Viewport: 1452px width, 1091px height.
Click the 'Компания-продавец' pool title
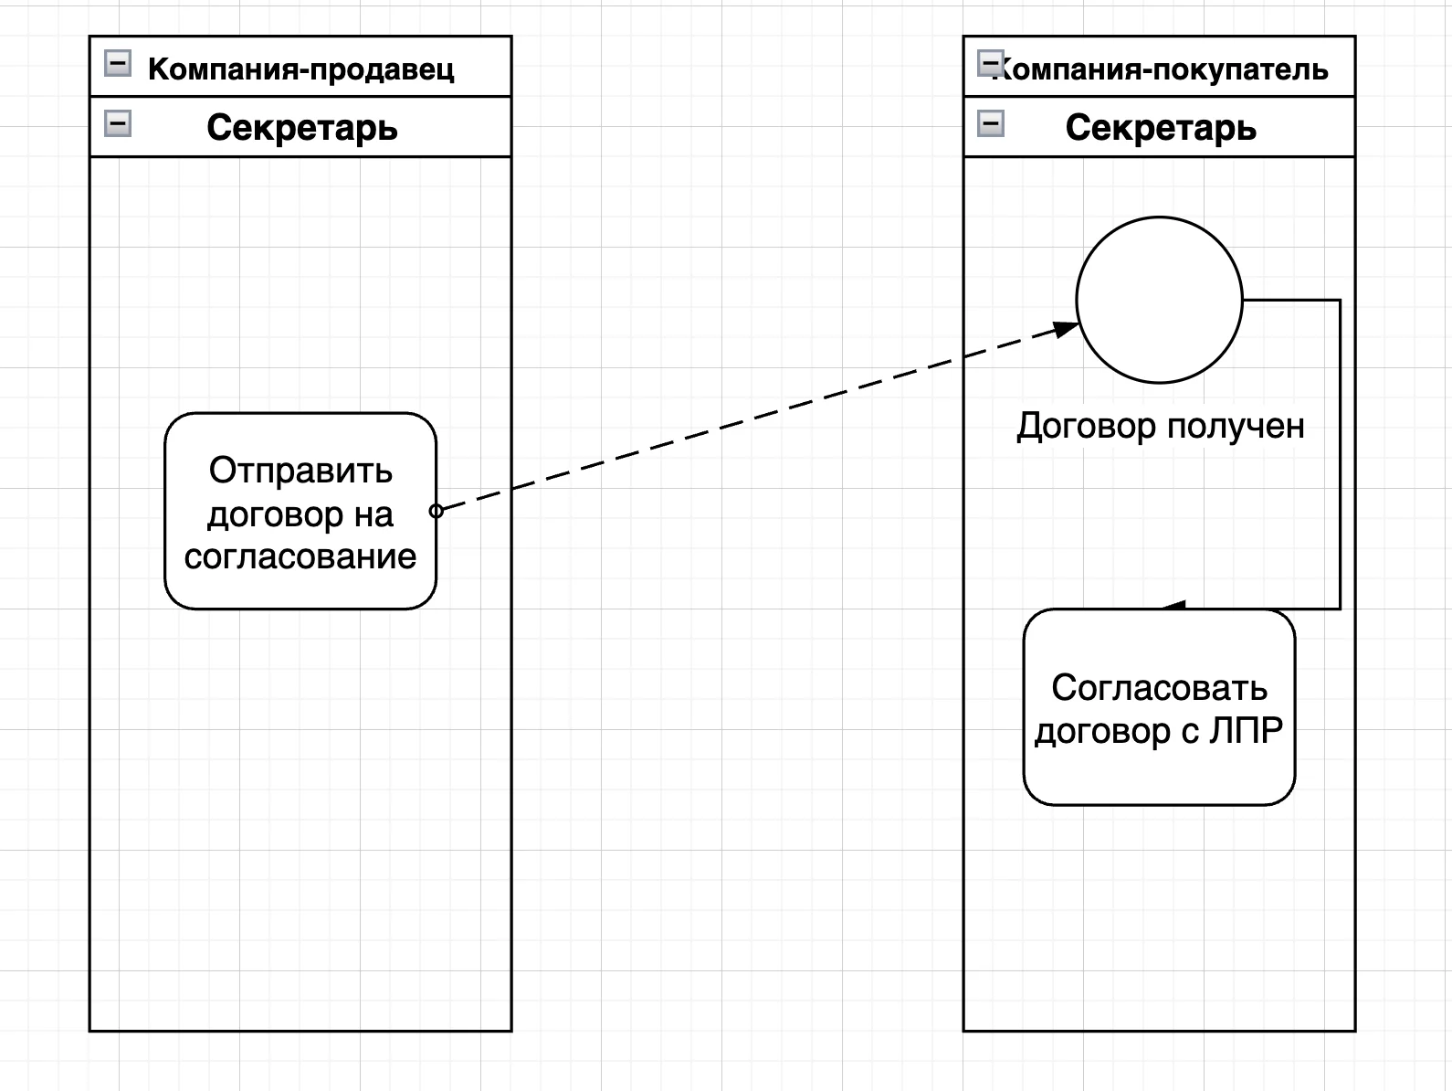point(300,69)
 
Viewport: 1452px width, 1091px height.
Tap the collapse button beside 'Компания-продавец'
point(118,64)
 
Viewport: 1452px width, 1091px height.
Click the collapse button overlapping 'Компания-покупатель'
point(990,64)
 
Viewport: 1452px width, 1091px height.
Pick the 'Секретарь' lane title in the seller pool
point(301,128)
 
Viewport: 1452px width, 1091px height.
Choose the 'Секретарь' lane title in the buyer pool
point(1160,128)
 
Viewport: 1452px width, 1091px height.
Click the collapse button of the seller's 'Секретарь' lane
point(118,123)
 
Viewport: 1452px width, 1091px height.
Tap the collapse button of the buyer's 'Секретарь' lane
point(991,123)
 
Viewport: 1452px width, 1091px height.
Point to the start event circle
point(1159,300)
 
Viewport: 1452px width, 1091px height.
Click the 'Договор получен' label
point(1160,426)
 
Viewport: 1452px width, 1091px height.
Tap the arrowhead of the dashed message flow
point(1067,329)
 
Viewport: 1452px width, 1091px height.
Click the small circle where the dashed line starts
point(437,511)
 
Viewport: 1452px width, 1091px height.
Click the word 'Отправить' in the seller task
point(300,471)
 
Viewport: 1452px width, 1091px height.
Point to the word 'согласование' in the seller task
point(300,556)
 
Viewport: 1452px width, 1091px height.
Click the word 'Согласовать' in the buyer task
point(1159,687)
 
